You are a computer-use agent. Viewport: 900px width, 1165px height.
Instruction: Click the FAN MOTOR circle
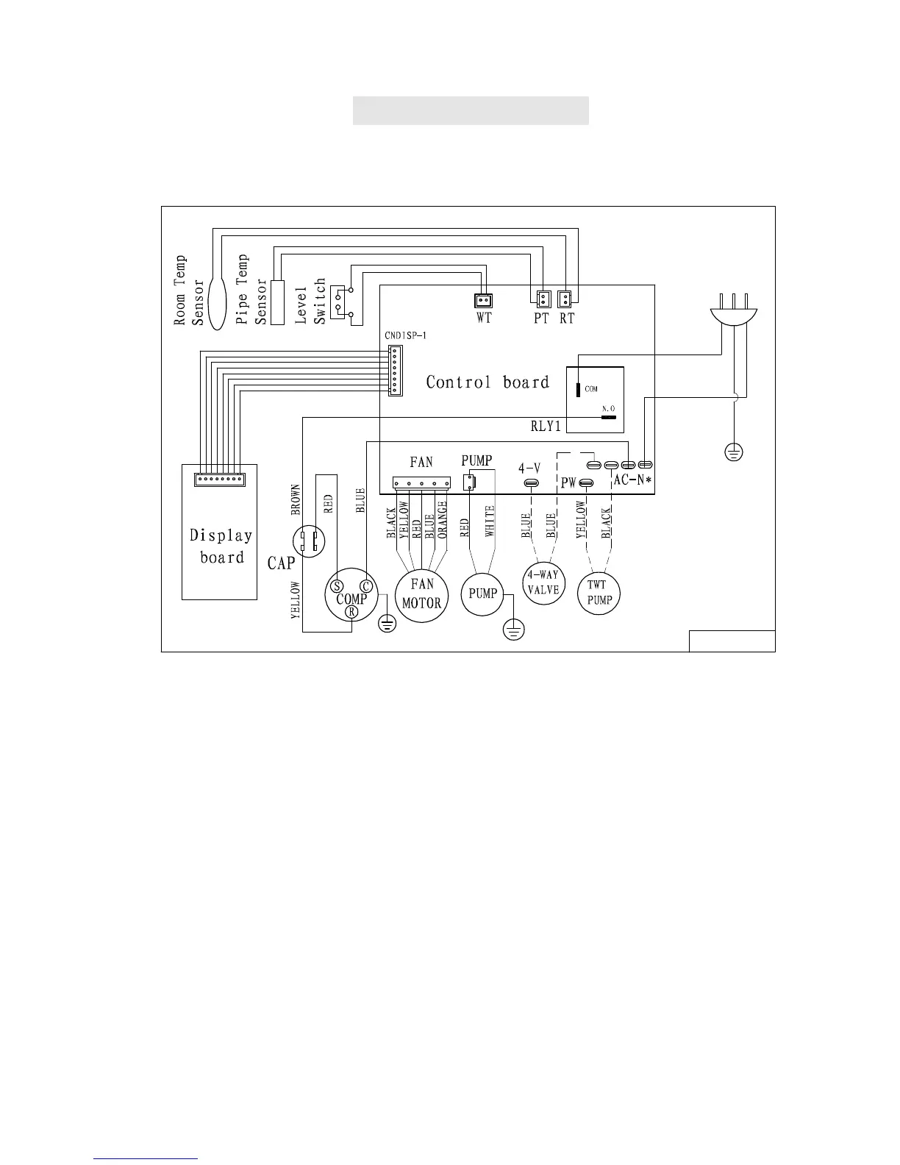422,594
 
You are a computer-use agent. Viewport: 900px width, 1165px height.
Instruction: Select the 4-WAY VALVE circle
543,582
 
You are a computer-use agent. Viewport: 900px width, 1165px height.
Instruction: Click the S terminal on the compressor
337,586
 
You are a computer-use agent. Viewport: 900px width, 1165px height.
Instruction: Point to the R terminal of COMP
352,613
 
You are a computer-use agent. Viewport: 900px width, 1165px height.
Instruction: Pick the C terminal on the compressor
366,586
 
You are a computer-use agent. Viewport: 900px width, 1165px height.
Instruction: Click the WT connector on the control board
483,300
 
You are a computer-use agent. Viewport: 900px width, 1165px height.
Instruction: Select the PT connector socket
541,299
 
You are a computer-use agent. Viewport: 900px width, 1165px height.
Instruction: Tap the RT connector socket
565,299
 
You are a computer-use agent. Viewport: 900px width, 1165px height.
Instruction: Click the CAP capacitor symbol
307,542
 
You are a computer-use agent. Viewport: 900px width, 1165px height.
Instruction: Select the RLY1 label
546,426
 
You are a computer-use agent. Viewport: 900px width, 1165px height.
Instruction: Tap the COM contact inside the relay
578,388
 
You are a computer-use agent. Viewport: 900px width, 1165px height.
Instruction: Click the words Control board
488,382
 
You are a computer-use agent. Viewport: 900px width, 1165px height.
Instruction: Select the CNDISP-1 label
405,335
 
